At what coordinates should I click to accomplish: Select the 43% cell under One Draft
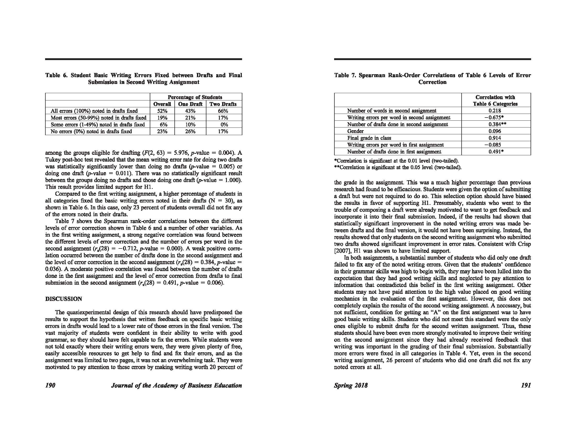pyautogui.click(x=190, y=111)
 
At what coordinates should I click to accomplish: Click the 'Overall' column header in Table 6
pyautogui.click(x=162, y=104)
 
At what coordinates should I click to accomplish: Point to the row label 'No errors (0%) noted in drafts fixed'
pyautogui.click(x=91, y=132)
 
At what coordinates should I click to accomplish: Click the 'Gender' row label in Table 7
pyautogui.click(x=355, y=131)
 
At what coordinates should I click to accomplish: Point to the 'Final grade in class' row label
pyautogui.click(x=369, y=138)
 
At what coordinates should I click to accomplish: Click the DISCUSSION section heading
pyautogui.click(x=63, y=299)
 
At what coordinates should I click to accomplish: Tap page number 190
pyautogui.click(x=50, y=385)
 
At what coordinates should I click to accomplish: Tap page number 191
pyautogui.click(x=526, y=385)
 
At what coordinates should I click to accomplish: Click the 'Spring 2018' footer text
pyautogui.click(x=351, y=385)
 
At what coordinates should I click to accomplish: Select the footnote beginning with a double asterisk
pyautogui.click(x=398, y=168)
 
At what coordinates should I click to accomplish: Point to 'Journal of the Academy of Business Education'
pyautogui.click(x=177, y=385)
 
